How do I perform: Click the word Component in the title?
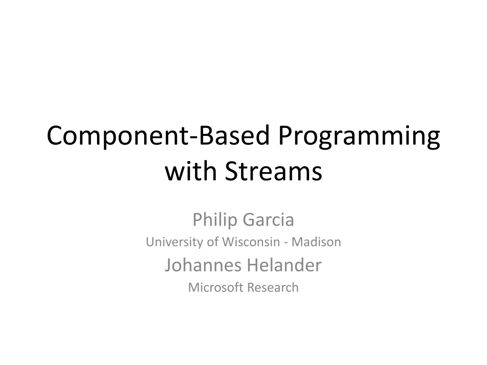117,136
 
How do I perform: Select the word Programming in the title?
359,136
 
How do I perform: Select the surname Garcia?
268,220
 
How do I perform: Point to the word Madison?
316,242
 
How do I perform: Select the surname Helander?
284,265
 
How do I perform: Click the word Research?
273,288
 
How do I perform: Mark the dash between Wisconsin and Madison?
286,243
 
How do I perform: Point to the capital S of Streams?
232,171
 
